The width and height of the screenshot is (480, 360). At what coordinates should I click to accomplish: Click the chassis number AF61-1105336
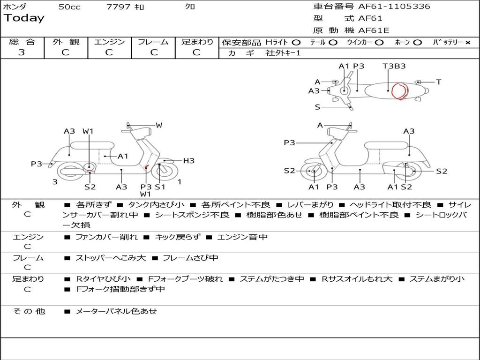click(394, 7)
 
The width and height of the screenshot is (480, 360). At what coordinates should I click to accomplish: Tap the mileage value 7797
click(118, 7)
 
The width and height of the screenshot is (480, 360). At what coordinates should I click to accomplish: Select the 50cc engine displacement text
click(69, 7)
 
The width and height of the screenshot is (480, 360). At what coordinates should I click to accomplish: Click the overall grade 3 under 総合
click(22, 52)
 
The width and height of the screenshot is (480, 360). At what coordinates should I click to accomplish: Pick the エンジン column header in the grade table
click(109, 42)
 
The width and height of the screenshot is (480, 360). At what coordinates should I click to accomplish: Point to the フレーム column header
click(153, 42)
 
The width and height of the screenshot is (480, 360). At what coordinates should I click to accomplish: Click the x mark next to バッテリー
click(467, 43)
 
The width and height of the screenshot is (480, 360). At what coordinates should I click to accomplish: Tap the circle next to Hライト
click(296, 43)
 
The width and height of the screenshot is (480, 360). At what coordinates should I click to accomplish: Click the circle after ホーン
click(418, 43)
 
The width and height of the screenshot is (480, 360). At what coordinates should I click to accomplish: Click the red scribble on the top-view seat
click(399, 91)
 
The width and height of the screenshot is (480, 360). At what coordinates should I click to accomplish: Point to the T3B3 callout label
click(394, 66)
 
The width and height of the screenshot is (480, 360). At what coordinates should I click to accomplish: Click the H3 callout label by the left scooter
click(188, 161)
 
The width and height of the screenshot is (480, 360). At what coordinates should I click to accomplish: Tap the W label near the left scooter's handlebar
click(159, 125)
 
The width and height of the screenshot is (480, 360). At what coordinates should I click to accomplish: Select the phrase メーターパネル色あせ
click(116, 311)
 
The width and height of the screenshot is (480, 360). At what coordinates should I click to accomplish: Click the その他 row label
click(29, 311)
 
